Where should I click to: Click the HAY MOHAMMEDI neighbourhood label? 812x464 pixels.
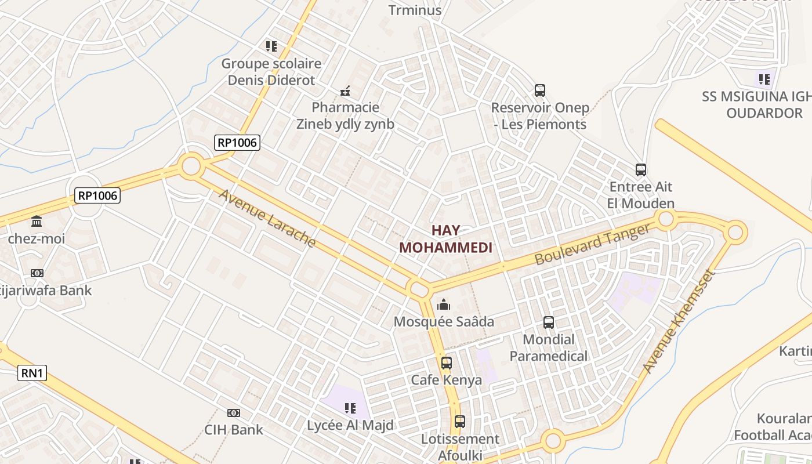[445, 238]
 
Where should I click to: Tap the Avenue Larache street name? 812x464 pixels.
[267, 218]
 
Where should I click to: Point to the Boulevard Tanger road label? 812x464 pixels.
[592, 245]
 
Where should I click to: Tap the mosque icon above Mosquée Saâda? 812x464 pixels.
[444, 304]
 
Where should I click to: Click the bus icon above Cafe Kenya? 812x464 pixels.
[446, 363]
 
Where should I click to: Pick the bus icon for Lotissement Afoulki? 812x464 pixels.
[460, 422]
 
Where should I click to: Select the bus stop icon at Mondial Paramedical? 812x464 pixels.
[548, 322]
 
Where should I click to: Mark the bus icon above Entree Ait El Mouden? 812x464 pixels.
[641, 170]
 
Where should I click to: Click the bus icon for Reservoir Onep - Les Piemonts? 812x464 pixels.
[540, 90]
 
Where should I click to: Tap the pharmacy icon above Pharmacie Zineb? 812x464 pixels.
[345, 91]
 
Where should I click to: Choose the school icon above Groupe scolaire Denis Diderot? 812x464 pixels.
[271, 46]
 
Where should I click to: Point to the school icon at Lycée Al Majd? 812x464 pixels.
[350, 408]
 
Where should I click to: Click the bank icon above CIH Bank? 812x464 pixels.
[234, 413]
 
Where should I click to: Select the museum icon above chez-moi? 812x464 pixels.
[37, 222]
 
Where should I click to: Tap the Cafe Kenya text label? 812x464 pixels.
[446, 380]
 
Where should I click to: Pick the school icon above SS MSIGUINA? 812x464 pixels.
[763, 79]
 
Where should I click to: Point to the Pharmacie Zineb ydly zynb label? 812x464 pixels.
[345, 115]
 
